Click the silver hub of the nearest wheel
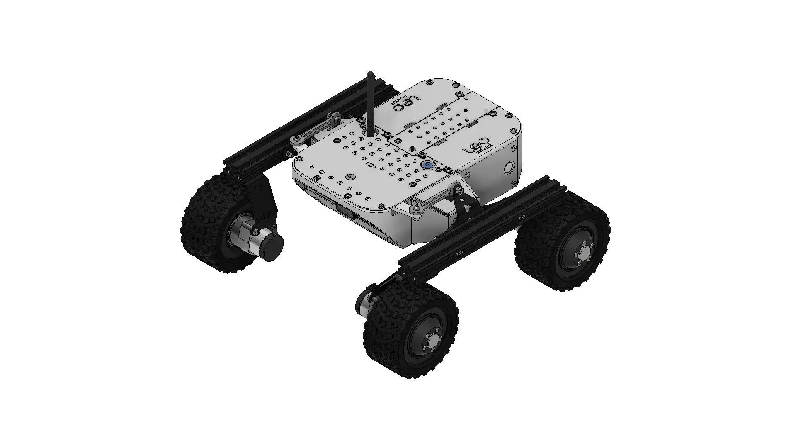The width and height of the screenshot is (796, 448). click(x=433, y=341)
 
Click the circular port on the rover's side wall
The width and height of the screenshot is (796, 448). click(x=509, y=168)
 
